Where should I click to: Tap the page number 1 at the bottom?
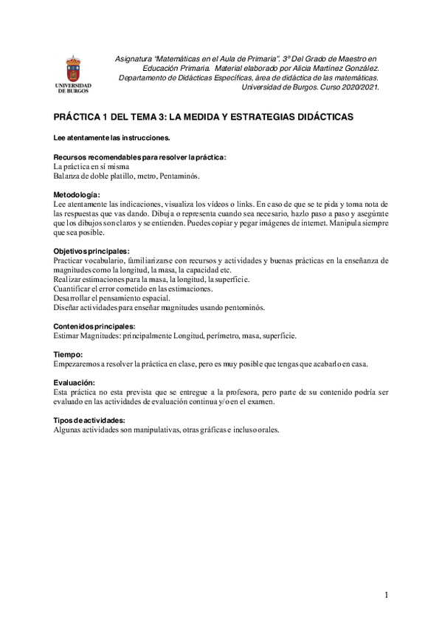tap(387, 594)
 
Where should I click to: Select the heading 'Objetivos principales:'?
tap(91, 251)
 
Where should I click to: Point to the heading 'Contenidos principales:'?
tap(94, 326)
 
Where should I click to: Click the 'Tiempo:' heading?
tap(69, 354)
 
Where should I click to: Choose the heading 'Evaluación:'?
tap(75, 382)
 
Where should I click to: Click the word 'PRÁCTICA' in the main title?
tap(77, 117)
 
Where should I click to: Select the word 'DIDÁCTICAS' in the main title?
tap(322, 117)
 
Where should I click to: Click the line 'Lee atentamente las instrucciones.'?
tap(111, 138)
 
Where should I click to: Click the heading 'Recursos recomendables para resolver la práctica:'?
tap(140, 157)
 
